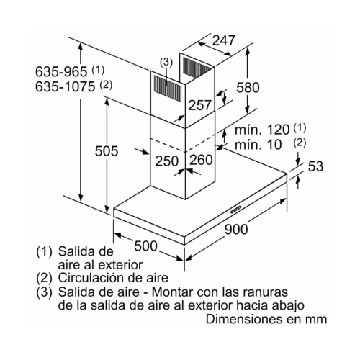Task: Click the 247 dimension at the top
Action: tap(224, 40)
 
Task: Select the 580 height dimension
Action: tap(248, 87)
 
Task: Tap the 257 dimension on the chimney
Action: tap(199, 105)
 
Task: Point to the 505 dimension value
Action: tap(107, 151)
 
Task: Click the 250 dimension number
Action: tap(167, 161)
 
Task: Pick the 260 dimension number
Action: tap(201, 160)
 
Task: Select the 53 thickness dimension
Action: tap(315, 166)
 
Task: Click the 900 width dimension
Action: tap(236, 229)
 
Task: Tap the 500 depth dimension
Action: tap(145, 246)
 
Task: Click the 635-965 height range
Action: tap(61, 71)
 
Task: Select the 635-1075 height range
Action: tap(65, 86)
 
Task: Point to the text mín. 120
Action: tap(262, 130)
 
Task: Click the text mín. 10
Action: tap(258, 145)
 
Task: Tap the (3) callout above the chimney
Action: tap(166, 63)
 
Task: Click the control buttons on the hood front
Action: tap(236, 210)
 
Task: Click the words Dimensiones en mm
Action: tap(266, 319)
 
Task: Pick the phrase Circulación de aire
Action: tap(113, 278)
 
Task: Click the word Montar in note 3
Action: tap(172, 292)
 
